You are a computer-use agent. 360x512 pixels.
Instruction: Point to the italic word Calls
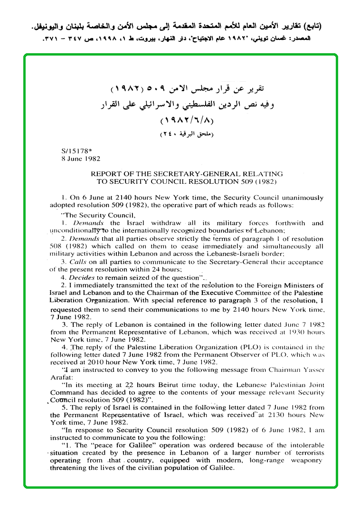(x=77, y=262)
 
